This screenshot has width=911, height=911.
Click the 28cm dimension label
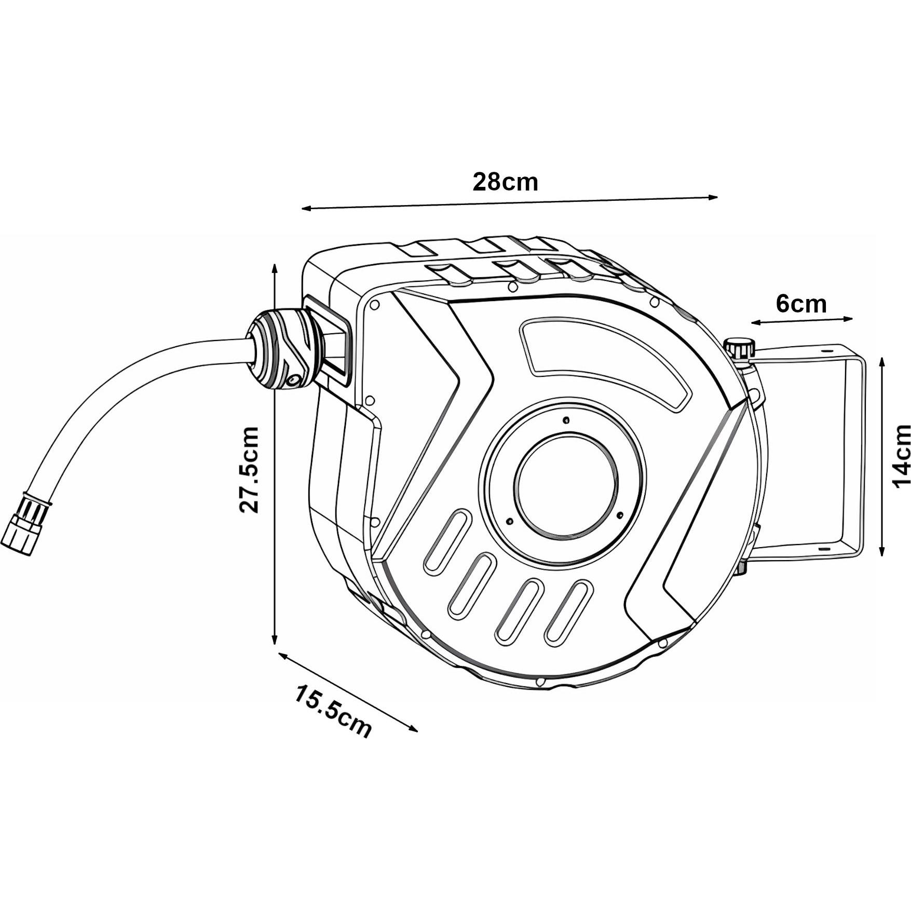(x=505, y=182)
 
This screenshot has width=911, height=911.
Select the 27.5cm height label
(x=249, y=470)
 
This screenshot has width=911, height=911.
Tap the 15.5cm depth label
(x=333, y=712)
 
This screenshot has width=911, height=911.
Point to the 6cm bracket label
(x=801, y=304)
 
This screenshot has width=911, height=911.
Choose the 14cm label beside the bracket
(x=901, y=455)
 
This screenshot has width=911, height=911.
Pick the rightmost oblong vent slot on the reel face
(x=569, y=613)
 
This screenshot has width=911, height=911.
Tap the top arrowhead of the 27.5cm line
(x=275, y=269)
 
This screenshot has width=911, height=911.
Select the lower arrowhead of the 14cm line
(x=882, y=550)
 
